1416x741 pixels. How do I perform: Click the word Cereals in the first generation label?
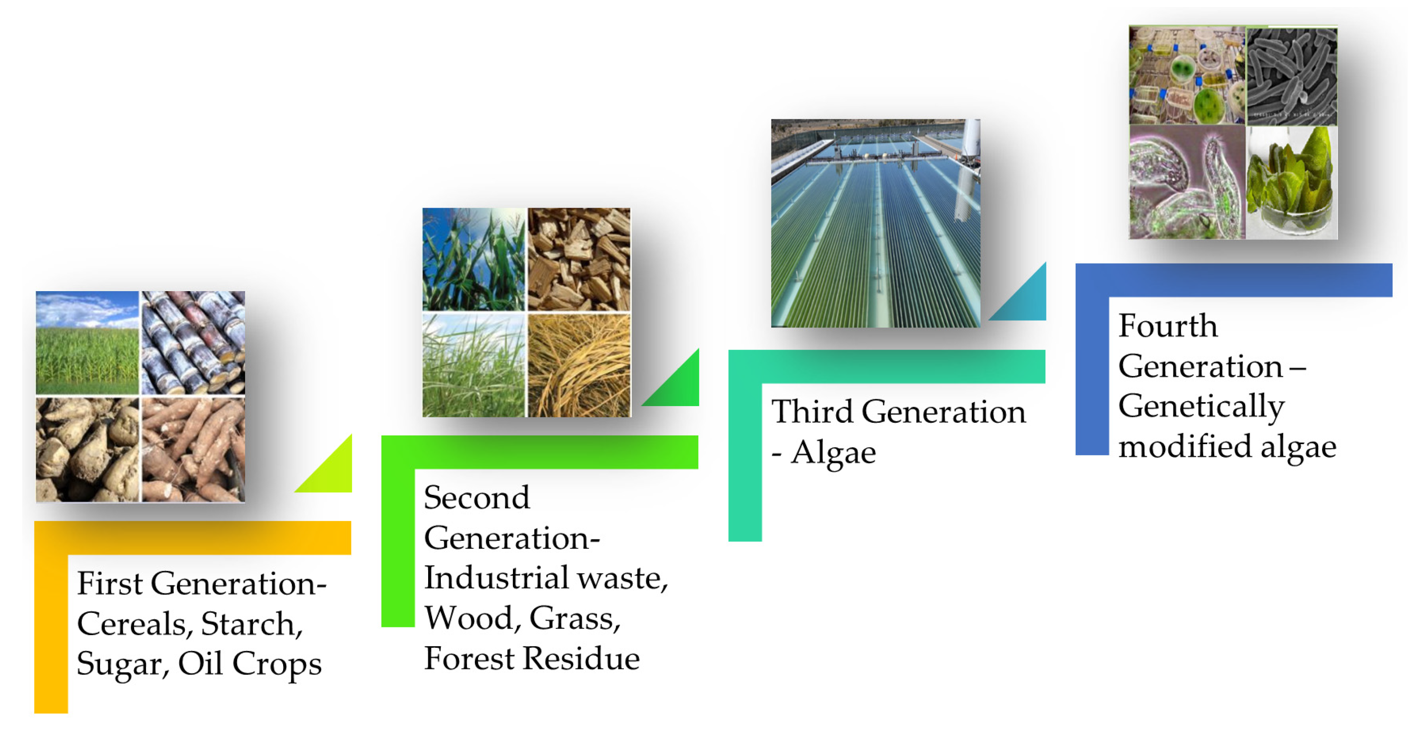point(134,624)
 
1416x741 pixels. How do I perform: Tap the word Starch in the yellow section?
point(251,624)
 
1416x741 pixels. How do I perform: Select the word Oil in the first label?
point(200,664)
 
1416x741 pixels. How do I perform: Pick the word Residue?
point(581,658)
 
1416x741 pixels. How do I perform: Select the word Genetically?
point(1201,407)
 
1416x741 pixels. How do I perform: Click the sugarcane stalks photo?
point(193,342)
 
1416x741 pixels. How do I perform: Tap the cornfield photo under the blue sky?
point(87,342)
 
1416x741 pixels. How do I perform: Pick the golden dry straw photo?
point(579,365)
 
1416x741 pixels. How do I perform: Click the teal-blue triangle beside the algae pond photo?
point(1026,300)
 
